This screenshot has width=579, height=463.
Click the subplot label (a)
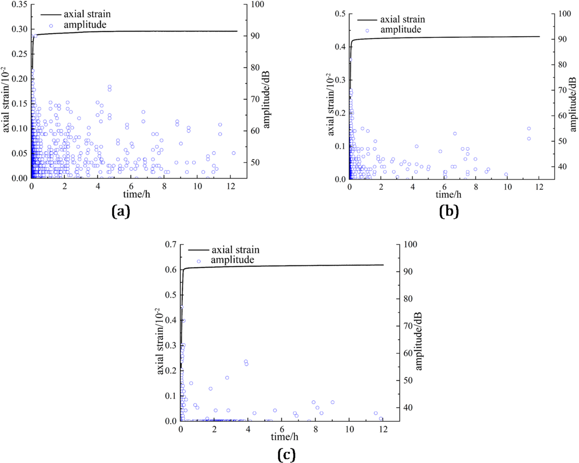pyautogui.click(x=121, y=211)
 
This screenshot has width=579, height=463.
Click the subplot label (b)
pyautogui.click(x=449, y=211)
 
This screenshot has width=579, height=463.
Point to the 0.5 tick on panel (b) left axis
pyautogui.click(x=340, y=14)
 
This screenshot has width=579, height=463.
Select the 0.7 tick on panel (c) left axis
pyautogui.click(x=171, y=244)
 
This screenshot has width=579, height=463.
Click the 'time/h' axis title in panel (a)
pyautogui.click(x=137, y=194)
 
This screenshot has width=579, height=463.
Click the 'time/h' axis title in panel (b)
pyautogui.click(x=449, y=194)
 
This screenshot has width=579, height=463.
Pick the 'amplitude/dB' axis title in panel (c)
pyautogui.click(x=418, y=341)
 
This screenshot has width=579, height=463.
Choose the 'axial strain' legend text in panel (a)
pyautogui.click(x=87, y=14)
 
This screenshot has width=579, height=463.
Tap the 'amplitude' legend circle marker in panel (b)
pyautogui.click(x=367, y=30)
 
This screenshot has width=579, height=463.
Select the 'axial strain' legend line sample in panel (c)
pyautogui.click(x=199, y=250)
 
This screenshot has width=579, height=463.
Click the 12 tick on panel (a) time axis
pyautogui.click(x=231, y=186)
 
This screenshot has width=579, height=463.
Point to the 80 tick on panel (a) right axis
pyautogui.click(x=255, y=68)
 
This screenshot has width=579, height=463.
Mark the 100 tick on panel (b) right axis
pyautogui.click(x=565, y=14)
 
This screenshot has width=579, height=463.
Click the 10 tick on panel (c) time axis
pyautogui.click(x=349, y=429)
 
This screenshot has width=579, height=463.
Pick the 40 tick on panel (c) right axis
pyautogui.click(x=408, y=408)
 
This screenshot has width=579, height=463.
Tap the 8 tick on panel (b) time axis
pyautogui.click(x=476, y=187)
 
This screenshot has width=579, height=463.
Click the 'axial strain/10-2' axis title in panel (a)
pyautogui.click(x=6, y=99)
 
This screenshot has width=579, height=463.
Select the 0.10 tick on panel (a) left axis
pyautogui.click(x=20, y=129)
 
